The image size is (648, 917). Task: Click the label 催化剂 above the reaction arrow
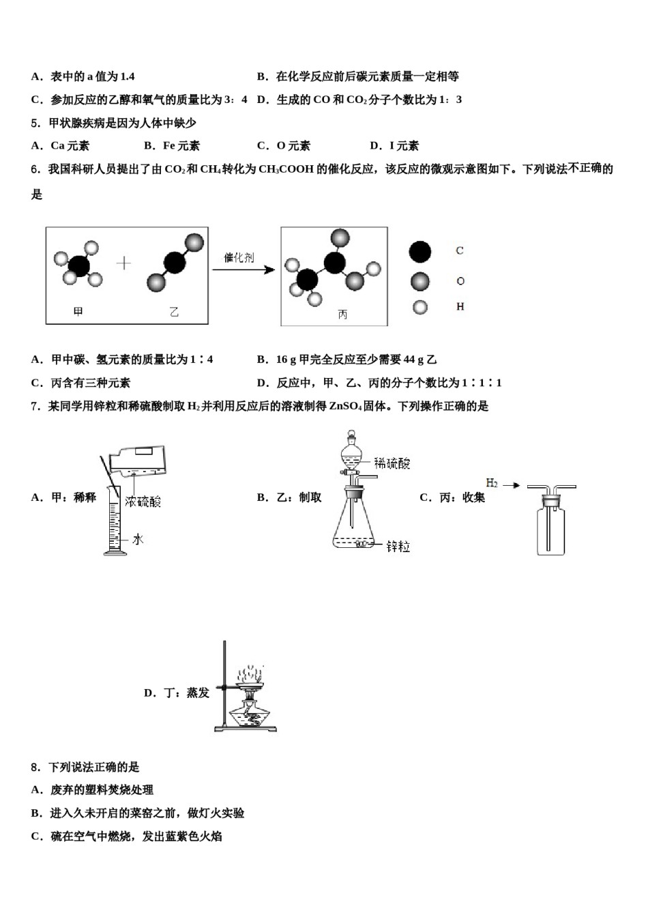click(239, 258)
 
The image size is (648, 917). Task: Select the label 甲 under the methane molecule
click(78, 312)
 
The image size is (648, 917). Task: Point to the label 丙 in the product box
click(342, 315)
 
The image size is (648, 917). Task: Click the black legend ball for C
click(420, 252)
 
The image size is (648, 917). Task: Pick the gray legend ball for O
click(420, 281)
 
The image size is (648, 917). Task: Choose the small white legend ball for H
click(420, 307)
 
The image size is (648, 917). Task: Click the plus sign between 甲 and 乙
click(123, 263)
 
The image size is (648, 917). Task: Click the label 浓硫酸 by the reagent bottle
click(143, 502)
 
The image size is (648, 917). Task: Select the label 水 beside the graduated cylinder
click(138, 539)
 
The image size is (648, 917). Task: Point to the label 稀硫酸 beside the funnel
click(392, 464)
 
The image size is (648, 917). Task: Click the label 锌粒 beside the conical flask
click(398, 547)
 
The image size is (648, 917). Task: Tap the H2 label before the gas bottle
click(492, 483)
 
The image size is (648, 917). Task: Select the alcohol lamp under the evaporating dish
click(250, 714)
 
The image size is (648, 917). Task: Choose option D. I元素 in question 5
click(394, 145)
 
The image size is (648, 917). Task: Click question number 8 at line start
click(35, 767)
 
